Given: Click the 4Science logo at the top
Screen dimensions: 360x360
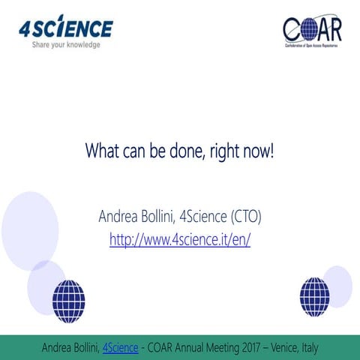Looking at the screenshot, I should (66, 28).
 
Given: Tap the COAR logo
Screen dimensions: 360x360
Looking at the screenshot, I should (312, 31).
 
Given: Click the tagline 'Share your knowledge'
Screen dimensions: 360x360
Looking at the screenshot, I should (65, 44).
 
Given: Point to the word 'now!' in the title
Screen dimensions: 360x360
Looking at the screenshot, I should (259, 151).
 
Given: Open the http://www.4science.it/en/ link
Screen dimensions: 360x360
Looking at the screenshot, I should (180, 240).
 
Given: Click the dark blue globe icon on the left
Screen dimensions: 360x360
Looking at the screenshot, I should (68, 301).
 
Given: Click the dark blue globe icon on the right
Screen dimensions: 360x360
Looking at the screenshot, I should (314, 296).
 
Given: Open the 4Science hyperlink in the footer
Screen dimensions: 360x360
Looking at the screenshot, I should (120, 347).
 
